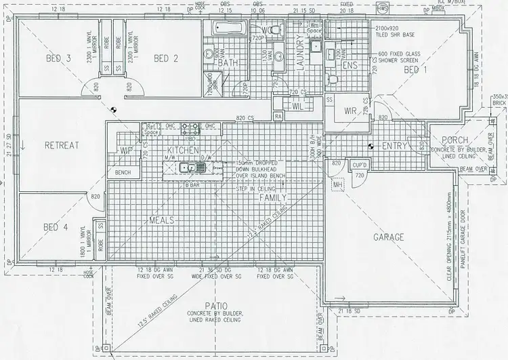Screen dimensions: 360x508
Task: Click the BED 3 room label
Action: pos(59,59)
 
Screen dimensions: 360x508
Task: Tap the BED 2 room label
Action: pos(165,59)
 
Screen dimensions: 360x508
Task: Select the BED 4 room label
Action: pos(56,227)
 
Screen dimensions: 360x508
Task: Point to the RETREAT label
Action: pos(62,145)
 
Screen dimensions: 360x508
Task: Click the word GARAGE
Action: pos(389,237)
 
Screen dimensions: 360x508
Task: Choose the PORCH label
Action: pos(446,140)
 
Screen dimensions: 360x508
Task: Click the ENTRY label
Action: pos(394,146)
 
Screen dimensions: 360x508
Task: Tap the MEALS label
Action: pos(163,220)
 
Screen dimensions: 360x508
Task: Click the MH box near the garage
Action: pos(337,184)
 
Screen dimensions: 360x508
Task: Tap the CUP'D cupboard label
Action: pos(359,165)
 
